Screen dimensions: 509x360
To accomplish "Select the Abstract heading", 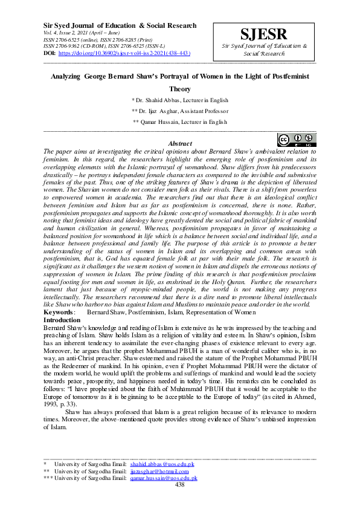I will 180,143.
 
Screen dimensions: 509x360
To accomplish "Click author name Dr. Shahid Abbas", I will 180,100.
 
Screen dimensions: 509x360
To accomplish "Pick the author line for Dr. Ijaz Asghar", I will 180,111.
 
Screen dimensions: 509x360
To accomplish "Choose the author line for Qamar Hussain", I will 180,122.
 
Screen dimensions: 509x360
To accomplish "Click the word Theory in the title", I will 180,88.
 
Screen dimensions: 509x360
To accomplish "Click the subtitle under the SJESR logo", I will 264,50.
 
